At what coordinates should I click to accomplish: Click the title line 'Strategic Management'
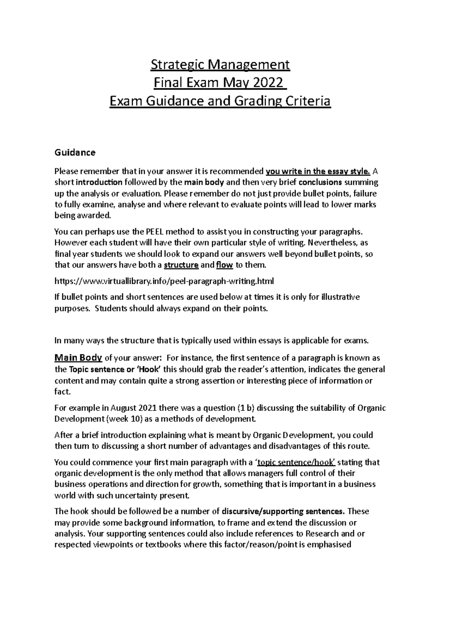[220, 65]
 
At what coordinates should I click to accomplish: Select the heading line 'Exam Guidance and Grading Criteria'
[220, 101]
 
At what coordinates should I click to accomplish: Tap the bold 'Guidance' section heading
[75, 152]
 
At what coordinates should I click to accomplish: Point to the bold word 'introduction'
[99, 183]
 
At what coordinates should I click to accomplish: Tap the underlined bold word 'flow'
[225, 265]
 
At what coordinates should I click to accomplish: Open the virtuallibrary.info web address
[164, 281]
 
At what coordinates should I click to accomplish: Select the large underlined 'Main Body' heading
[78, 358]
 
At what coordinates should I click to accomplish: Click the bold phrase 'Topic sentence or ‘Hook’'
[115, 370]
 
